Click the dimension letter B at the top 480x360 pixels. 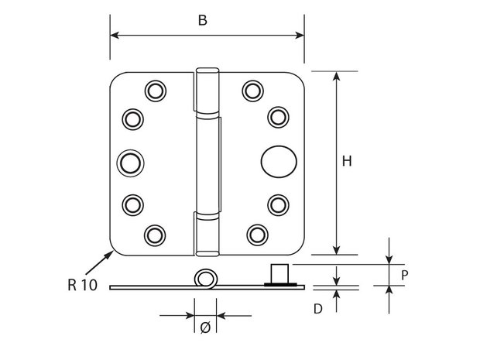tap(203, 20)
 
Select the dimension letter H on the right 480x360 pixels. tap(347, 161)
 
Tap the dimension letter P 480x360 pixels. tap(404, 275)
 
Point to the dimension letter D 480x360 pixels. tap(318, 309)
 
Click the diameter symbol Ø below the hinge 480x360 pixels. tap(205, 327)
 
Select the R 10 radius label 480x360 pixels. tap(82, 285)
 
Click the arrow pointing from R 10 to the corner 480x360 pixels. tap(100, 262)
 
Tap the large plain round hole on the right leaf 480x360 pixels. tap(279, 161)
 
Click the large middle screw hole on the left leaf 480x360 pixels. tap(130, 163)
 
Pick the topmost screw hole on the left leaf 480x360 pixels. tap(156, 91)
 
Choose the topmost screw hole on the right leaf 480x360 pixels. tap(253, 91)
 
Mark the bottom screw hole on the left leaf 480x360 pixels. tap(155, 235)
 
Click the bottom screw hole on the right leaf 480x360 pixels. tap(258, 235)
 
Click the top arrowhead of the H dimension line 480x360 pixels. tap(337, 76)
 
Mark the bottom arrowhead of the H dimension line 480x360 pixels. tap(337, 250)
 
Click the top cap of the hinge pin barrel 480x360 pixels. tap(207, 71)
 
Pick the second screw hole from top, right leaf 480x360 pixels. tap(278, 117)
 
